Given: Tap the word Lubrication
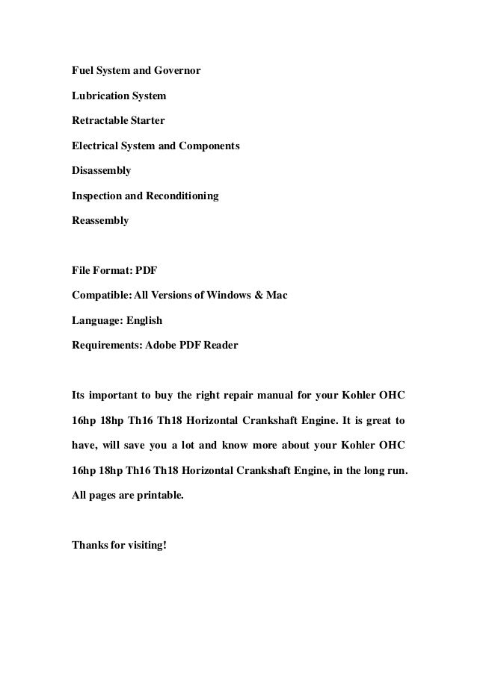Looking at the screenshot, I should pyautogui.click(x=99, y=96).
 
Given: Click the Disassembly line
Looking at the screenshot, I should pyautogui.click(x=101, y=171).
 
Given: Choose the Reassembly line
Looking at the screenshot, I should pyautogui.click(x=99, y=221).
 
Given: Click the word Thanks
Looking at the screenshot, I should pyautogui.click(x=88, y=544).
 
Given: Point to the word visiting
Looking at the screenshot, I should pyautogui.click(x=145, y=544).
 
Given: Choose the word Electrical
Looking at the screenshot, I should pyautogui.click(x=96, y=146).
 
